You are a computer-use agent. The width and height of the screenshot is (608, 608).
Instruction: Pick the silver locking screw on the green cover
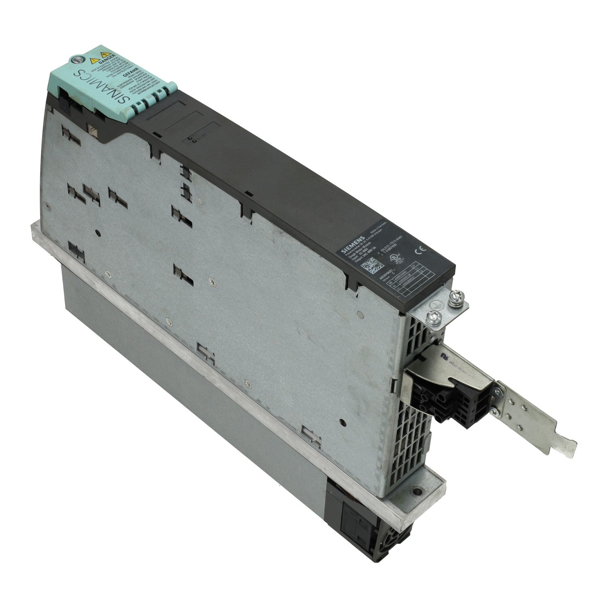[75, 60]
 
